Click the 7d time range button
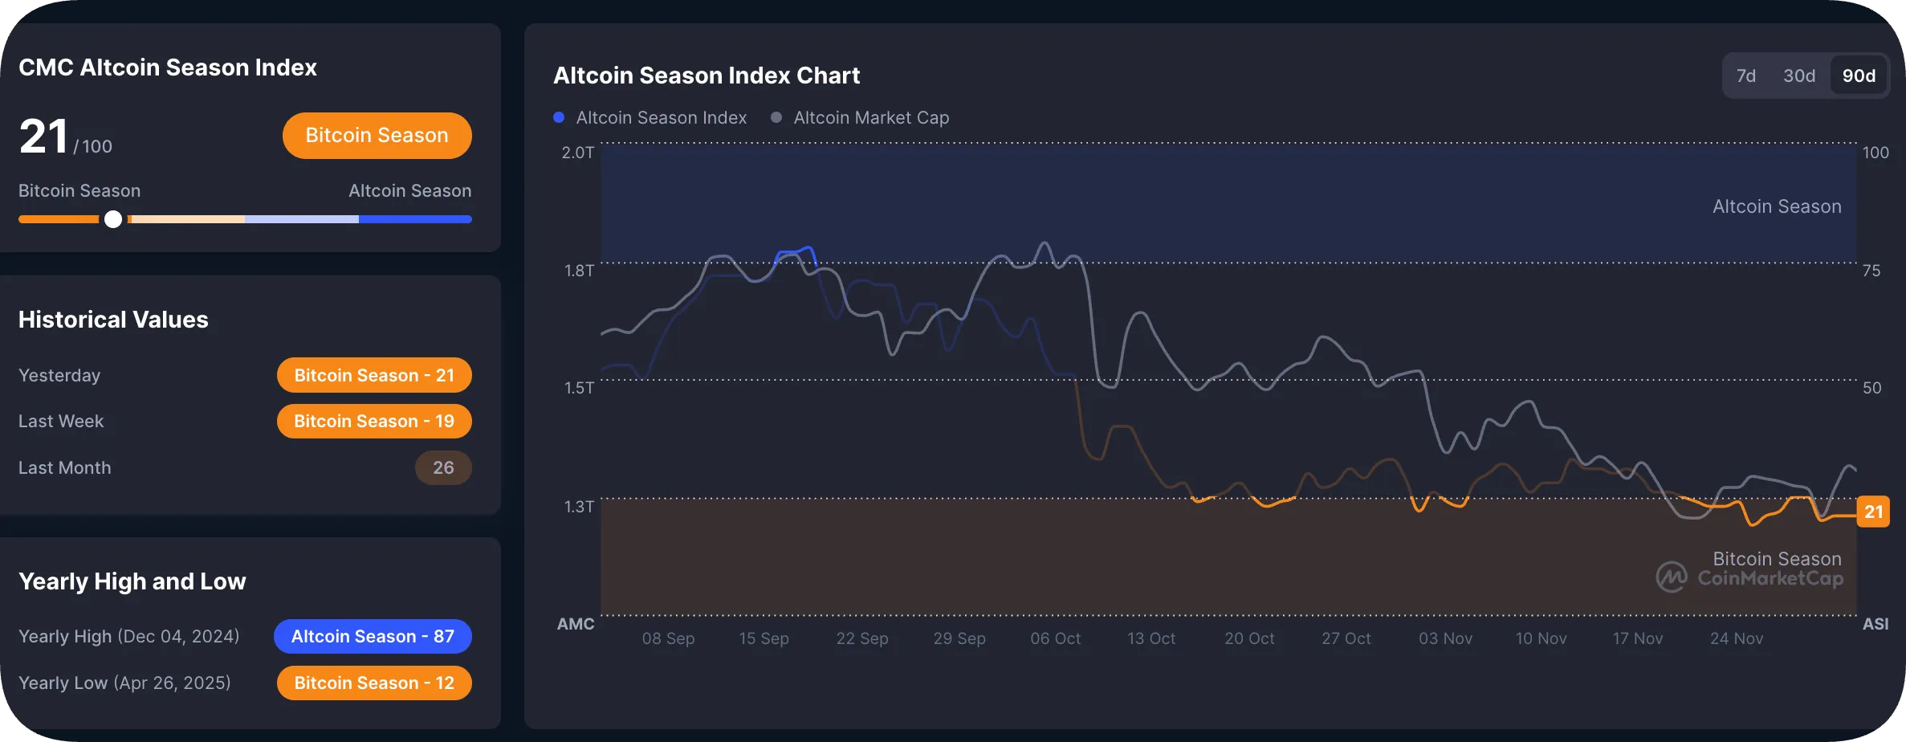coord(1745,75)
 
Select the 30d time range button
coord(1798,75)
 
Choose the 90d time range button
coord(1859,75)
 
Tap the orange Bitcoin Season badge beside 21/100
coord(377,135)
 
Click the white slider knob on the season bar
coord(113,219)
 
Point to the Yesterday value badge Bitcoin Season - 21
coord(374,375)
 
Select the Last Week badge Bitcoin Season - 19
coord(374,421)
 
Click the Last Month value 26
coord(443,467)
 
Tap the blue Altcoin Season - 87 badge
coord(373,636)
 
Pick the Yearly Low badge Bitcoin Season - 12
coord(374,683)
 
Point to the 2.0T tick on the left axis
coord(577,153)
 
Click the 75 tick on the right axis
coord(1871,271)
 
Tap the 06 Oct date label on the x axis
coord(1055,638)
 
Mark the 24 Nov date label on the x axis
coord(1736,638)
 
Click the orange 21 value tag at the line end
coord(1873,512)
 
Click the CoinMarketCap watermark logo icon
coord(1672,577)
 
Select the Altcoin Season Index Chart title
coord(707,75)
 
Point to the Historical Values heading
coord(113,320)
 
